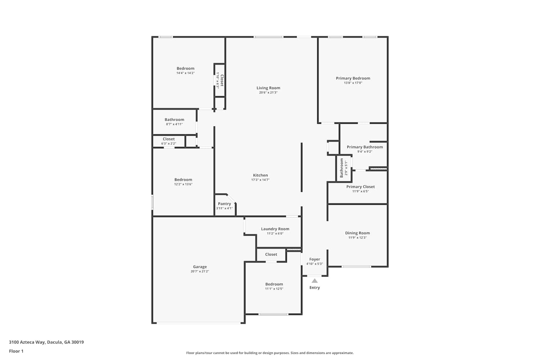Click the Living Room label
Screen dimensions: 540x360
coord(268,88)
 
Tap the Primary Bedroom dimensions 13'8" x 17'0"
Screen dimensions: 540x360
coord(353,83)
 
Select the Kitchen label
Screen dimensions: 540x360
coord(260,175)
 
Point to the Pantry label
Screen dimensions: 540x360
coord(224,204)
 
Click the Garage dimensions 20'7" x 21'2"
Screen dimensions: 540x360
coord(200,271)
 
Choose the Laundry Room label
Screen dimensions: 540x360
coord(275,229)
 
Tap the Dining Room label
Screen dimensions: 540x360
coord(357,233)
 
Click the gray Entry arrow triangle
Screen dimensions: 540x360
coord(315,281)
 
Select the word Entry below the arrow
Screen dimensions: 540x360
coord(315,288)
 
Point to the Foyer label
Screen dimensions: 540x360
coord(315,260)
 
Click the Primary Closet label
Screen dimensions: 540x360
coord(361,187)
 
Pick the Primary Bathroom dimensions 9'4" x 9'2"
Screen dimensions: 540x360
coord(365,152)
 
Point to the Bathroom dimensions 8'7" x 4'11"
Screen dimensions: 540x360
coord(174,125)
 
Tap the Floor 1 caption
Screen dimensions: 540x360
coord(16,351)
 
